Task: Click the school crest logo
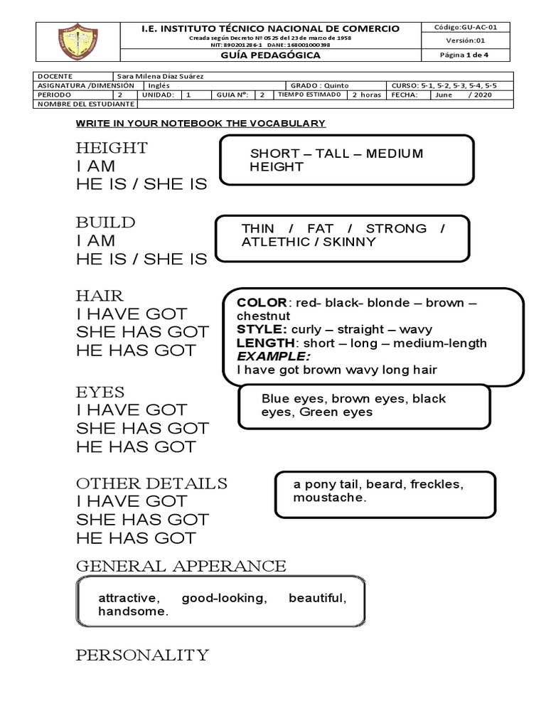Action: click(x=78, y=41)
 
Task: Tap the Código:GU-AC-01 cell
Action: click(x=466, y=27)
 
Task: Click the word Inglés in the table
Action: click(x=159, y=85)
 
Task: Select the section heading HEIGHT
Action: click(x=112, y=148)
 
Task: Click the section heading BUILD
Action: click(x=105, y=223)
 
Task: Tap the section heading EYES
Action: click(x=100, y=392)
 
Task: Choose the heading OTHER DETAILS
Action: click(x=151, y=483)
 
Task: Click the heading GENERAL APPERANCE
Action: click(x=181, y=566)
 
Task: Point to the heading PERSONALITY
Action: click(x=142, y=655)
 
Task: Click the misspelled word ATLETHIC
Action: click(x=273, y=242)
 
